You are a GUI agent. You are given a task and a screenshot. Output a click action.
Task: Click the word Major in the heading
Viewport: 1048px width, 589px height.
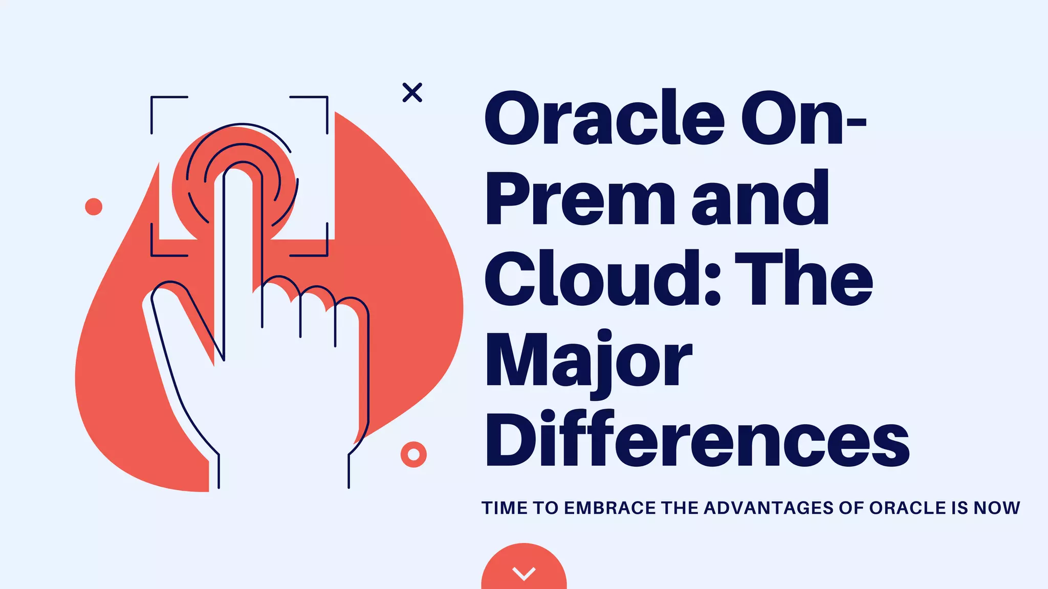click(x=588, y=360)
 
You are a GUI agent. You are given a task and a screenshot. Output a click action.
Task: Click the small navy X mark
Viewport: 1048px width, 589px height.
click(x=412, y=93)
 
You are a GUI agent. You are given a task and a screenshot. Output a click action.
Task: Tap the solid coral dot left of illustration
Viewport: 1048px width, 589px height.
click(x=94, y=207)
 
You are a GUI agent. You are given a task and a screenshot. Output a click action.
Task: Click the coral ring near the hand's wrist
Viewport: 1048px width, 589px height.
click(x=413, y=455)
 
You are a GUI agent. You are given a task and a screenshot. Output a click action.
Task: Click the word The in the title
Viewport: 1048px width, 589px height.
click(x=803, y=279)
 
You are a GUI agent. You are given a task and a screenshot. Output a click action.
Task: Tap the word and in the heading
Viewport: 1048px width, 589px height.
click(x=760, y=199)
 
